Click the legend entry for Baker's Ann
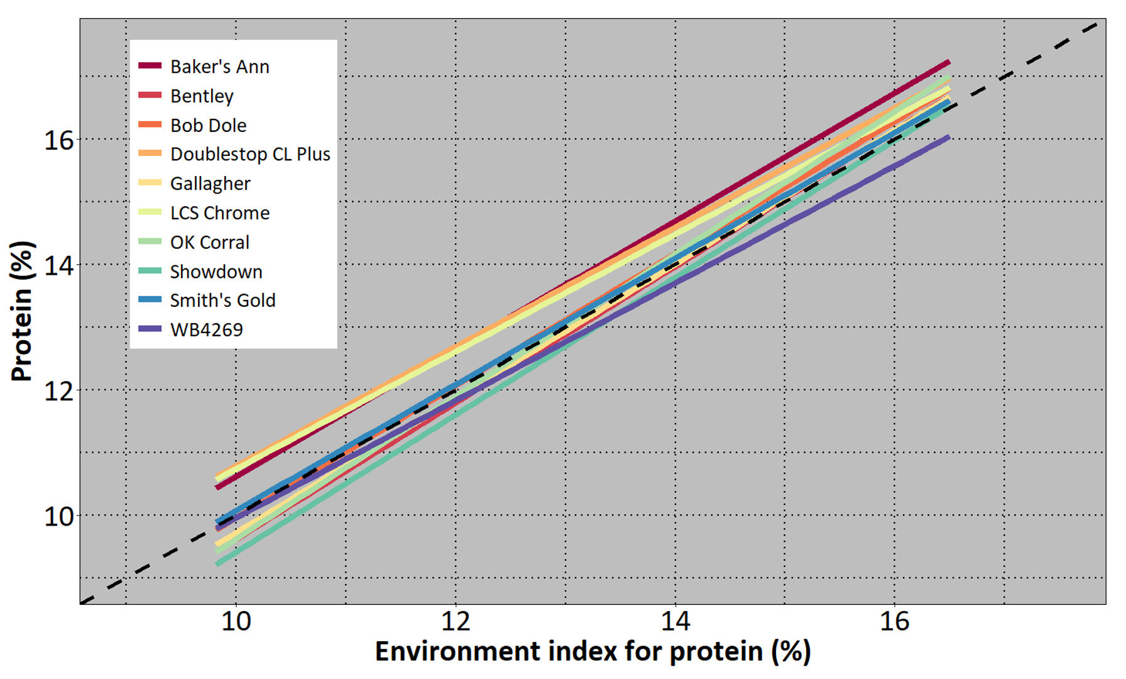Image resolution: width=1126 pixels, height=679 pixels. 219,67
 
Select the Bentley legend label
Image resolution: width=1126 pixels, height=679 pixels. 202,96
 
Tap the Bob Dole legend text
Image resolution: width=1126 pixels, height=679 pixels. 208,125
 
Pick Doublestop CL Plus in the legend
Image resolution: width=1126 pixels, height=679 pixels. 250,154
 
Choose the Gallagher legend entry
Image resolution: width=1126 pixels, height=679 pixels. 210,184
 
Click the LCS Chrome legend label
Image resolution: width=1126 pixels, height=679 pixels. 220,213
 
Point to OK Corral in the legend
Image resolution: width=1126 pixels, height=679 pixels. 210,242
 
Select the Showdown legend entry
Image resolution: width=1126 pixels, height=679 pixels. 216,272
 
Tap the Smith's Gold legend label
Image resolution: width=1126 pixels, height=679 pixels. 222,301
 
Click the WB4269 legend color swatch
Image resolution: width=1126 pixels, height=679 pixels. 150,329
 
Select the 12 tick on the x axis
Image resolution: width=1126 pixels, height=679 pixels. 456,621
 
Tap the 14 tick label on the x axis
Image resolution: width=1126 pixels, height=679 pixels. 675,621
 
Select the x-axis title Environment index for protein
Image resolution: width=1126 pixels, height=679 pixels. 593,651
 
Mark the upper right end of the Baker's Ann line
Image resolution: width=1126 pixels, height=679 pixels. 949,62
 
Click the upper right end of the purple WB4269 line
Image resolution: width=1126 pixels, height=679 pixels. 949,137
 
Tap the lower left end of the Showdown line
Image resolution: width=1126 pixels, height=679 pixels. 217,563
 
